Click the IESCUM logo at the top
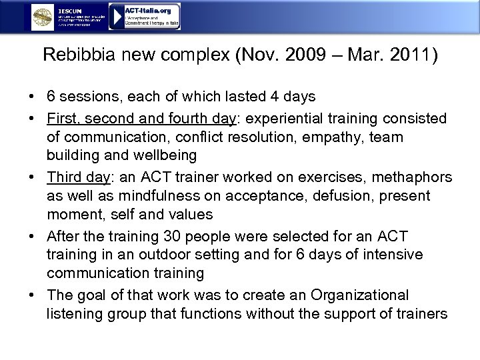click(x=70, y=17)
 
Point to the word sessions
click(x=87, y=97)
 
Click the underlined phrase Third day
click(x=73, y=179)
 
